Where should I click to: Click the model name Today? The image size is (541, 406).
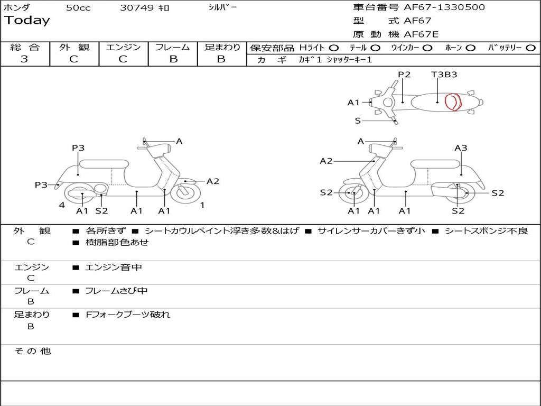point(27,21)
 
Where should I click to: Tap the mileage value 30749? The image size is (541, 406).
point(136,8)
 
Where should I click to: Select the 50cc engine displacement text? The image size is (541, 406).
point(78,8)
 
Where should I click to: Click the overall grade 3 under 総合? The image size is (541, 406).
point(24,59)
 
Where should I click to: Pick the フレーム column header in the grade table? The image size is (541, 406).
point(173,48)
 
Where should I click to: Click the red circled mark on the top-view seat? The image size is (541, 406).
point(453,101)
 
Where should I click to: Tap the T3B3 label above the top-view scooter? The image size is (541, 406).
point(444,75)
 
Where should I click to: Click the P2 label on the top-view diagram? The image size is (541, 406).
point(404,75)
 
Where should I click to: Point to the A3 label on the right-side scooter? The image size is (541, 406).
point(461,148)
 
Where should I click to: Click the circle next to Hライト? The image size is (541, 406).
point(333,48)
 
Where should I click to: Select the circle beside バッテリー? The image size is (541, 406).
point(530,48)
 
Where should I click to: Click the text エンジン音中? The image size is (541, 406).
point(114,267)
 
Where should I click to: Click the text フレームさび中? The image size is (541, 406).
point(116,291)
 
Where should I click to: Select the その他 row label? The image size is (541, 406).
point(32,351)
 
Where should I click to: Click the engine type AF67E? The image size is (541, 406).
point(421,34)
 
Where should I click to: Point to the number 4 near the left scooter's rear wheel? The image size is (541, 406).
point(62,205)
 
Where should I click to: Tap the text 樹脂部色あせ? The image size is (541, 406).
point(117,243)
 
